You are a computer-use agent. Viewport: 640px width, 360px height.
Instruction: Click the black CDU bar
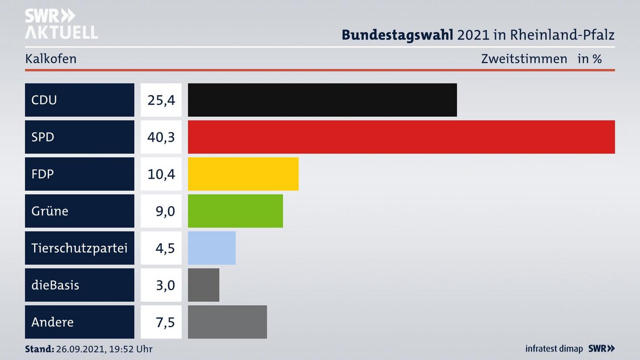(322, 100)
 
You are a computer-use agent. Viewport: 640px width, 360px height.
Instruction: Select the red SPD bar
(401, 137)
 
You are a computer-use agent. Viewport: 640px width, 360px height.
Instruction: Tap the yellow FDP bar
(243, 174)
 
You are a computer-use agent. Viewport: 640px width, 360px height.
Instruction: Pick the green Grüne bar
(235, 211)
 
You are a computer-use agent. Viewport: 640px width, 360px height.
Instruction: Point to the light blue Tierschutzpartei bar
(212, 248)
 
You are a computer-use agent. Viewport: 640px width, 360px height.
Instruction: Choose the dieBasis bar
(204, 285)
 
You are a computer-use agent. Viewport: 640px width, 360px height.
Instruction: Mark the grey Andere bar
(227, 322)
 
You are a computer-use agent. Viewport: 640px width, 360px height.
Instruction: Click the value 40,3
(161, 137)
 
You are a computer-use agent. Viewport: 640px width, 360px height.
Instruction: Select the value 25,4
(161, 100)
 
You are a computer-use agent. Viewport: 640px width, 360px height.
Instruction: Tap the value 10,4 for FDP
(161, 174)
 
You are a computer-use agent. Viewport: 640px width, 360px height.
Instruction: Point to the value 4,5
(165, 248)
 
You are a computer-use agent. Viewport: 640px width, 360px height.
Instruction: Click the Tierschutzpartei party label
(80, 248)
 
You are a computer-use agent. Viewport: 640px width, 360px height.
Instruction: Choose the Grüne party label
(50, 211)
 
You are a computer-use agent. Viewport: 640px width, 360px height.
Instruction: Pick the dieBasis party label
(55, 285)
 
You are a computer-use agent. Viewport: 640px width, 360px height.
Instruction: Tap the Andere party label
(52, 322)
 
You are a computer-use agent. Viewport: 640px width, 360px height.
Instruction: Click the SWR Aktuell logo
(61, 24)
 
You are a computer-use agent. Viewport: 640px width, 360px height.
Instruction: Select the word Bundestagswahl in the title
(397, 35)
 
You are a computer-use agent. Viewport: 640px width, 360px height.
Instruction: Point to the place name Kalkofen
(51, 59)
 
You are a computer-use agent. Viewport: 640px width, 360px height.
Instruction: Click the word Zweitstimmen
(524, 59)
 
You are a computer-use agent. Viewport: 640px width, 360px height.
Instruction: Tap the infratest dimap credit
(554, 349)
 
